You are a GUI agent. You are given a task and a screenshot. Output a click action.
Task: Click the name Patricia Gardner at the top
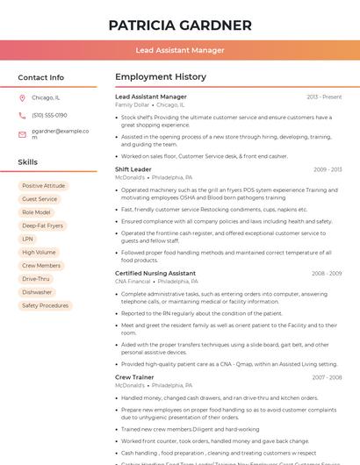pyautogui.click(x=180, y=25)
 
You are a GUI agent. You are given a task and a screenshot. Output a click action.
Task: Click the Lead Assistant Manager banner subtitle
pyautogui.click(x=180, y=50)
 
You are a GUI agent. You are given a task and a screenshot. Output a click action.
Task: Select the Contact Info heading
pyautogui.click(x=41, y=77)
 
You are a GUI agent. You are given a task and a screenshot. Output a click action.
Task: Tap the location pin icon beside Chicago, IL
pyautogui.click(x=22, y=98)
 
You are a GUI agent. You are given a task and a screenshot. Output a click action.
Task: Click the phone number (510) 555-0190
pyautogui.click(x=49, y=115)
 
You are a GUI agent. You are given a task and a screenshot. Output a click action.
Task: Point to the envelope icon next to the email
pyautogui.click(x=22, y=134)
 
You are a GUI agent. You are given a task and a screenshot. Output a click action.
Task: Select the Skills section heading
pyautogui.click(x=28, y=162)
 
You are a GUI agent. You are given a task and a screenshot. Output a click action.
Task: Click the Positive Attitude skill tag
pyautogui.click(x=44, y=186)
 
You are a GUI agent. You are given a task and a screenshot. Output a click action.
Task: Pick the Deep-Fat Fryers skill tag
pyautogui.click(x=43, y=225)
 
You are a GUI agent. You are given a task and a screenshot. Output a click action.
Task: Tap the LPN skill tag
pyautogui.click(x=28, y=239)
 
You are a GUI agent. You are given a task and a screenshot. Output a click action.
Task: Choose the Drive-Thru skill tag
pyautogui.click(x=36, y=279)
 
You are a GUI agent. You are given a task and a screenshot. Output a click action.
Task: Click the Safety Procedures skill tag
pyautogui.click(x=46, y=305)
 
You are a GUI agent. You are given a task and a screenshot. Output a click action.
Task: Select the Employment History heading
pyautogui.click(x=161, y=77)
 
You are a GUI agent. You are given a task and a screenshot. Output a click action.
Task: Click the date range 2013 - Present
pyautogui.click(x=324, y=97)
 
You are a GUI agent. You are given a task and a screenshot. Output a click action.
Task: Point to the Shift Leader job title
pyautogui.click(x=133, y=169)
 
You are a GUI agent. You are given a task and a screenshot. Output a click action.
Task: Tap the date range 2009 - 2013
pyautogui.click(x=328, y=169)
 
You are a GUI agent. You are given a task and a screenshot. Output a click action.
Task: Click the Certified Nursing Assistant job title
pyautogui.click(x=155, y=273)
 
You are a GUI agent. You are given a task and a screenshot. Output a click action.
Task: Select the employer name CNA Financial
pyautogui.click(x=133, y=282)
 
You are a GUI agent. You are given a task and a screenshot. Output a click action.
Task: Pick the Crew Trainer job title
pyautogui.click(x=134, y=376)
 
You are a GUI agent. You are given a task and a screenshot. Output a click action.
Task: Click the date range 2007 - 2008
pyautogui.click(x=327, y=377)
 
